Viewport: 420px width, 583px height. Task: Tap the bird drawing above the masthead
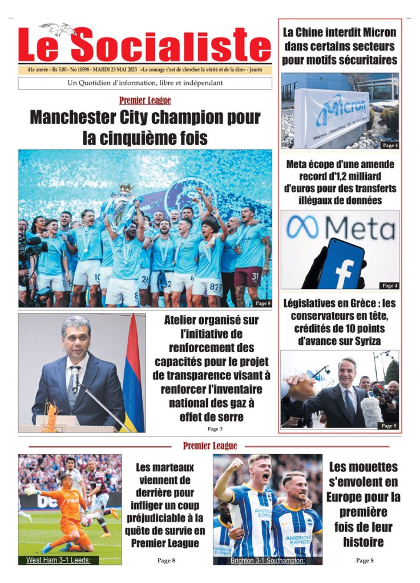coord(58,28)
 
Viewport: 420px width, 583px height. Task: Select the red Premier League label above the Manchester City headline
coord(145,101)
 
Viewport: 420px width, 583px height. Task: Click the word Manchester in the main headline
coord(87,118)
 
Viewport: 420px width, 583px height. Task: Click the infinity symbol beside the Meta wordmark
coord(302,227)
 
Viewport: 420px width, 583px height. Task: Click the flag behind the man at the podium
coord(134,376)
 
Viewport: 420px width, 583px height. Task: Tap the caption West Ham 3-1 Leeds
coord(59,560)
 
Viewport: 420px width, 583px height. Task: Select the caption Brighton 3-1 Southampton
coord(268,560)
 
